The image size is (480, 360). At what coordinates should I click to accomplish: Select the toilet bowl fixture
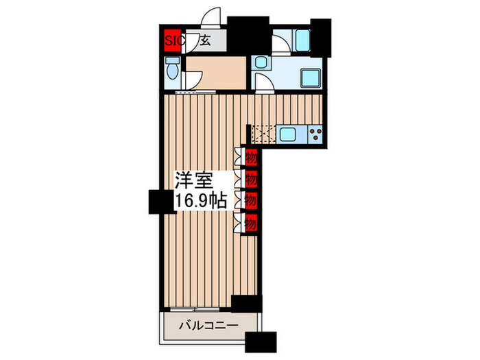(172, 71)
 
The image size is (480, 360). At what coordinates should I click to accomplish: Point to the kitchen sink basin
(287, 134)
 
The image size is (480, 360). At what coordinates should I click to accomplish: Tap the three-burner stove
(316, 134)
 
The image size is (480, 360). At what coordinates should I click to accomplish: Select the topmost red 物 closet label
(251, 156)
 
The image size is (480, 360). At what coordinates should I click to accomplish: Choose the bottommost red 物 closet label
(251, 222)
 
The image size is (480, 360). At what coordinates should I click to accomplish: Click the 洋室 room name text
(192, 180)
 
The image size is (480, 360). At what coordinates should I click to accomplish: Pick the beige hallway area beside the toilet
(215, 73)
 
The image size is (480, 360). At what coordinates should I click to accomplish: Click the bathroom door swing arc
(280, 43)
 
